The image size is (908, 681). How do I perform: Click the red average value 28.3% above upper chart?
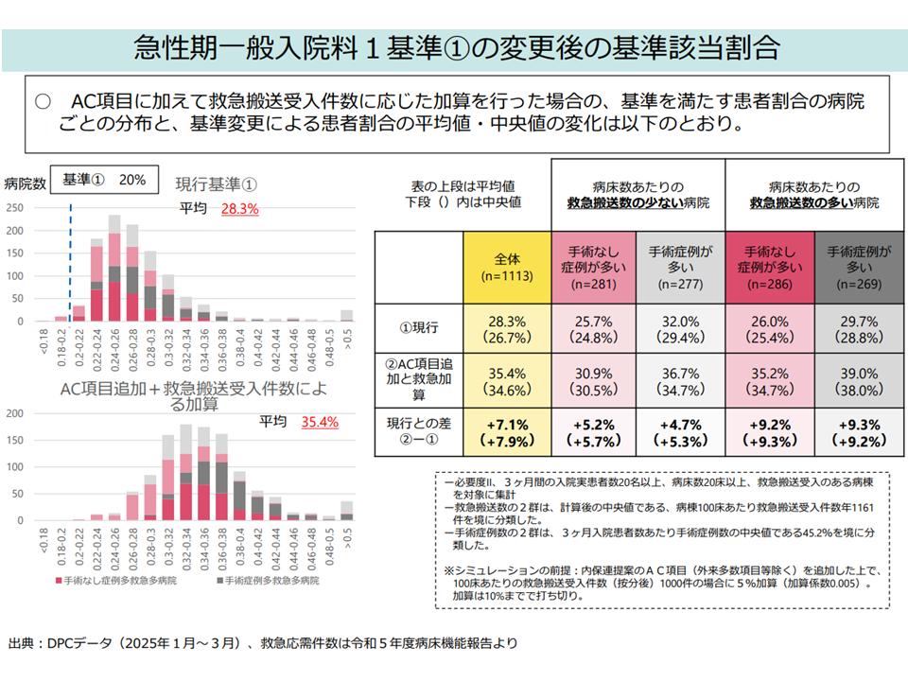pos(239,209)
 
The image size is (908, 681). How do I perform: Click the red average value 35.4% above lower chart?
pos(320,422)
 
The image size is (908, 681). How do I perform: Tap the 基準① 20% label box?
pos(104,180)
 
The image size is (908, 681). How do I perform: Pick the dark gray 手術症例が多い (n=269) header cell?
pos(859,267)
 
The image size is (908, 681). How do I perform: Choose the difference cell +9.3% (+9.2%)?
pos(859,432)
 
